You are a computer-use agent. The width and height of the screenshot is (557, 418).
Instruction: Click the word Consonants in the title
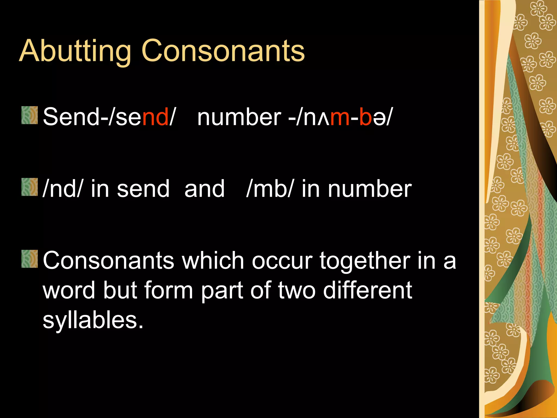[223, 51]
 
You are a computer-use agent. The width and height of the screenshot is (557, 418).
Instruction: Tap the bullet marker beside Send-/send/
[29, 115]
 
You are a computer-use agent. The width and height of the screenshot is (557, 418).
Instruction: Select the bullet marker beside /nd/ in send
[29, 187]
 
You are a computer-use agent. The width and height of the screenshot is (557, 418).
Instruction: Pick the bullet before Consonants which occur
[29, 259]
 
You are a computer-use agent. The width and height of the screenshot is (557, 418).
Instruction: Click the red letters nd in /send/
[155, 117]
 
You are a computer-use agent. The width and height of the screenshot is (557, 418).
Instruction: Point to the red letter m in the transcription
[339, 117]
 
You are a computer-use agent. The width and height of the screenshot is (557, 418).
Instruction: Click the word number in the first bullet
[239, 117]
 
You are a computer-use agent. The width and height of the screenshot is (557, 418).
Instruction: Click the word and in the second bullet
[204, 189]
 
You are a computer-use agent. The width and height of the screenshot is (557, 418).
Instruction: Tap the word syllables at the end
[93, 320]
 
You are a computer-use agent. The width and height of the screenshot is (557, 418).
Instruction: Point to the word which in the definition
[213, 261]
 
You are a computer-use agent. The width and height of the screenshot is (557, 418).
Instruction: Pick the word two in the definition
[297, 290]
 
